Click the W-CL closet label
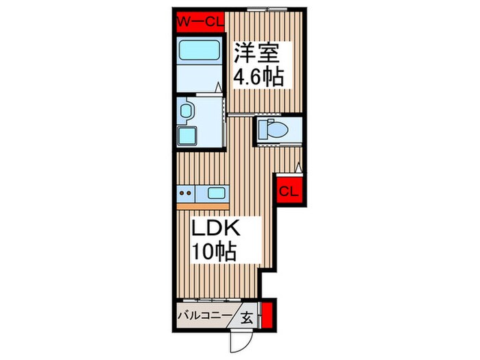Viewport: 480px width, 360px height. (201, 22)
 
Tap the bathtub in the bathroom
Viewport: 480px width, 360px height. (200, 51)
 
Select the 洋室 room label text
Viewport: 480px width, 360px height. (257, 53)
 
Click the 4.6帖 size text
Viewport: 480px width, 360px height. (259, 77)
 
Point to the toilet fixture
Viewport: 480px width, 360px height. (273, 130)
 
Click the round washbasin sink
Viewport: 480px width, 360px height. (186, 110)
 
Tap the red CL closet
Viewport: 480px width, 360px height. (289, 191)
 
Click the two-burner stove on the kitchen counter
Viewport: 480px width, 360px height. (186, 193)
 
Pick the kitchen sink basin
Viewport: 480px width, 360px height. (216, 193)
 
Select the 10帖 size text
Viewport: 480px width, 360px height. (214, 252)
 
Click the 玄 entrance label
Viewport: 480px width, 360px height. (247, 318)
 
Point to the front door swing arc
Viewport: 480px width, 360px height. (246, 343)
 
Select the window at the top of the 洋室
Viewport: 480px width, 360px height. (267, 10)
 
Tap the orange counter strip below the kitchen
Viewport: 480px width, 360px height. (203, 206)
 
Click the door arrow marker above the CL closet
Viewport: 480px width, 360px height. (298, 168)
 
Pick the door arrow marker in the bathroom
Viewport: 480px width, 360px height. (218, 87)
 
